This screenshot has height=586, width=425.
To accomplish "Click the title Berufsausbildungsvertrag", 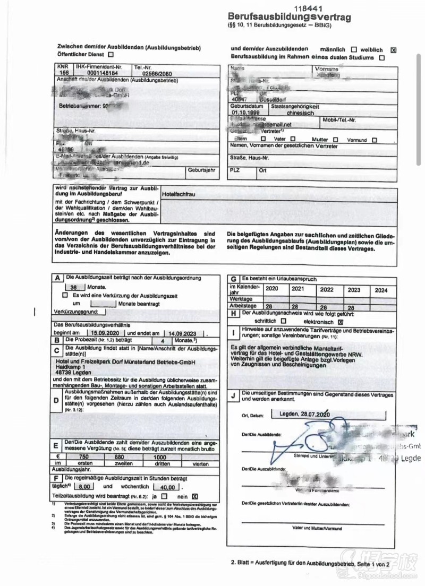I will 290,17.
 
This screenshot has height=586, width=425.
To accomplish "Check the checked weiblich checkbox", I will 393,50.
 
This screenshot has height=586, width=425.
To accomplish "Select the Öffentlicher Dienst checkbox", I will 110,54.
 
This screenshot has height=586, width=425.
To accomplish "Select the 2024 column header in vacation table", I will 381,290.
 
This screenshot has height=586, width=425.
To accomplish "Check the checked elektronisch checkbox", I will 341,321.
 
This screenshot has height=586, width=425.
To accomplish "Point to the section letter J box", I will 233,395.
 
